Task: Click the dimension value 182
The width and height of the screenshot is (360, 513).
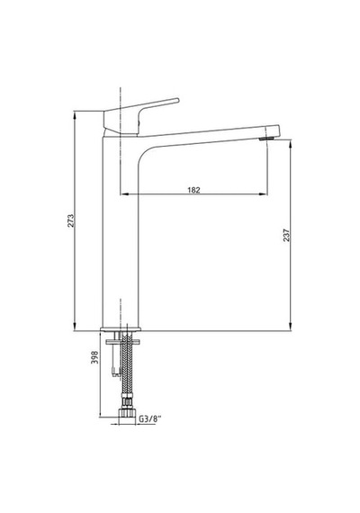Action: pos(193,190)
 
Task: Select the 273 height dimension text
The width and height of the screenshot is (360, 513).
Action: pos(71,220)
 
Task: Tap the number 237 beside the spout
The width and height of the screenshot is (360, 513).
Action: pos(286,235)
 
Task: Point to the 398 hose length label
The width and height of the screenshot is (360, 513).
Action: pos(94,357)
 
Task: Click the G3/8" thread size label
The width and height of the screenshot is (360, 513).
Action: pos(150,418)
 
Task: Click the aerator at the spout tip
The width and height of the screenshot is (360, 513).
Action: pos(266,139)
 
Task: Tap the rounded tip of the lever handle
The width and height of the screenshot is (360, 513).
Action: pos(177,100)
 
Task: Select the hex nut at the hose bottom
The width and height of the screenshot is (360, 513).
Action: pos(127,412)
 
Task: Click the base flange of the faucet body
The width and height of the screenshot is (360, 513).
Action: pos(121,328)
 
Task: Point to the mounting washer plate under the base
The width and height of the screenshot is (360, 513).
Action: pos(122,342)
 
